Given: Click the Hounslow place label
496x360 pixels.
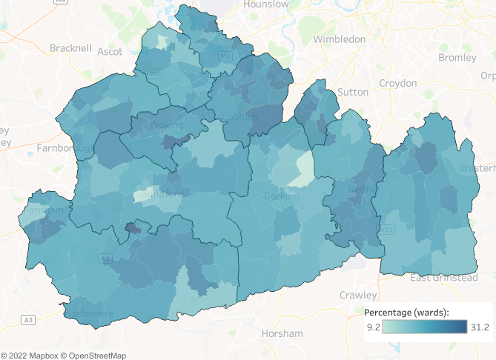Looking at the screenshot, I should (267, 4).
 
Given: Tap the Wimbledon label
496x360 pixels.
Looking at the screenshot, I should (340, 39).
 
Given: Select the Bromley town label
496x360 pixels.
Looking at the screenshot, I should (457, 57).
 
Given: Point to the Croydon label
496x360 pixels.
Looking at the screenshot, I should (398, 83).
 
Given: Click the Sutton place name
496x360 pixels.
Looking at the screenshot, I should (352, 93).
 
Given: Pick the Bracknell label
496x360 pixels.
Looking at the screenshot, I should (70, 48).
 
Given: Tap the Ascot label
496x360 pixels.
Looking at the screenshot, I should (110, 52).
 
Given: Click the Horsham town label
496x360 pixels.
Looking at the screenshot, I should (282, 333).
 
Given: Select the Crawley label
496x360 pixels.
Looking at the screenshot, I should (358, 295).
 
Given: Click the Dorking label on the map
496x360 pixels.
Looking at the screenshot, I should (282, 196).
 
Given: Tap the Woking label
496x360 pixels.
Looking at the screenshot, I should (168, 126).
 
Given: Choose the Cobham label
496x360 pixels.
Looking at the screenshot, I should (240, 117).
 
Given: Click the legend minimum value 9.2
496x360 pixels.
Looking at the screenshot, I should (373, 327).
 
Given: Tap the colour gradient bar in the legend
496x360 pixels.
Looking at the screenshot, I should (425, 327).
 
